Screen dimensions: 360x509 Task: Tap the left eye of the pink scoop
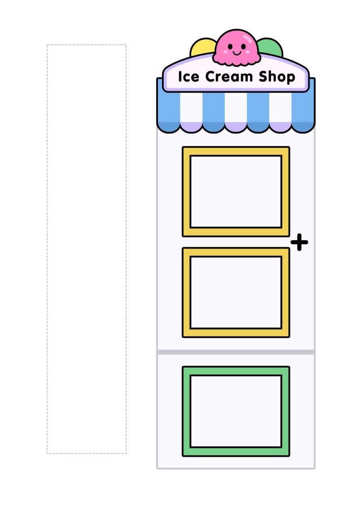point(230,46)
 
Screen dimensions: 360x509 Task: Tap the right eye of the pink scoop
point(243,46)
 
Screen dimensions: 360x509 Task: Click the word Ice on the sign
point(189,76)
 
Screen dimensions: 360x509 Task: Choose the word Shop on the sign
point(277,77)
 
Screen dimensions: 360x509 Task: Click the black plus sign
point(299,242)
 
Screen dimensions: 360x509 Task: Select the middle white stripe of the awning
point(236,107)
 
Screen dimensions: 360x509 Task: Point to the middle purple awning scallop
point(236,127)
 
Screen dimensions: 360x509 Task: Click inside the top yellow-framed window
point(236,192)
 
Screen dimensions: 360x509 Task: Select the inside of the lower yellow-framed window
point(236,292)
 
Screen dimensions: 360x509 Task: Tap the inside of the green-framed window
point(236,411)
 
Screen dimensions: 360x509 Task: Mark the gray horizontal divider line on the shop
point(236,352)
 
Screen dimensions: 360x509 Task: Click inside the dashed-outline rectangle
point(86,249)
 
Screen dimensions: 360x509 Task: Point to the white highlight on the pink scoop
point(248,39)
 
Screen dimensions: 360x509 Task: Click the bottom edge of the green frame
point(236,451)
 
